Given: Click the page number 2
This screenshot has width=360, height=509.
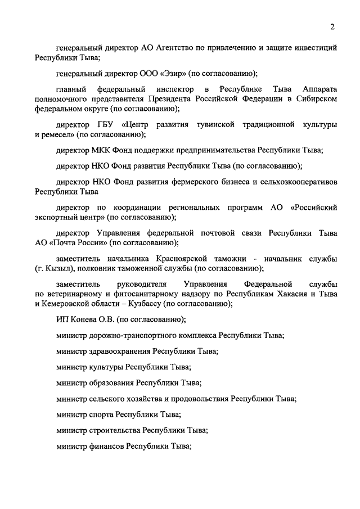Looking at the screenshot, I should point(332,26).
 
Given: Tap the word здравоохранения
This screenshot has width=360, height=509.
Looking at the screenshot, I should point(118,351).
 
